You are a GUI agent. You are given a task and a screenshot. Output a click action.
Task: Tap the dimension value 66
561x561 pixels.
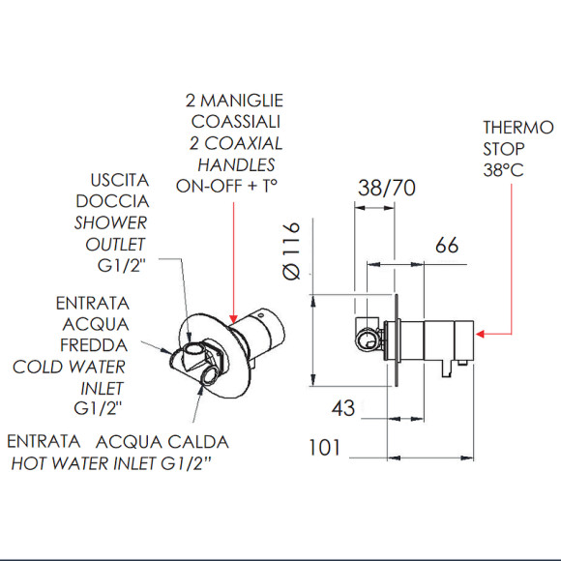click(447, 246)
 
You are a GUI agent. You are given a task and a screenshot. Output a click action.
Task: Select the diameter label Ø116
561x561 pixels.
click(294, 253)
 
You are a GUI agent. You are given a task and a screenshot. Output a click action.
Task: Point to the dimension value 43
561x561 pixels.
click(343, 409)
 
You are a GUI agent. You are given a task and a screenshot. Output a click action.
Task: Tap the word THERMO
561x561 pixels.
click(517, 127)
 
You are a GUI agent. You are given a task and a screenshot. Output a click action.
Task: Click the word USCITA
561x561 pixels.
click(119, 181)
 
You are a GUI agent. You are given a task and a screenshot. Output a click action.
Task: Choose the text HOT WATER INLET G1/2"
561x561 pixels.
click(110, 463)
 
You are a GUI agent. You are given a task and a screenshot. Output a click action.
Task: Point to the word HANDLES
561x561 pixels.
click(236, 164)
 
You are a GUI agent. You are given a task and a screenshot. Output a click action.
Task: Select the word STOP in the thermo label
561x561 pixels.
click(504, 149)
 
